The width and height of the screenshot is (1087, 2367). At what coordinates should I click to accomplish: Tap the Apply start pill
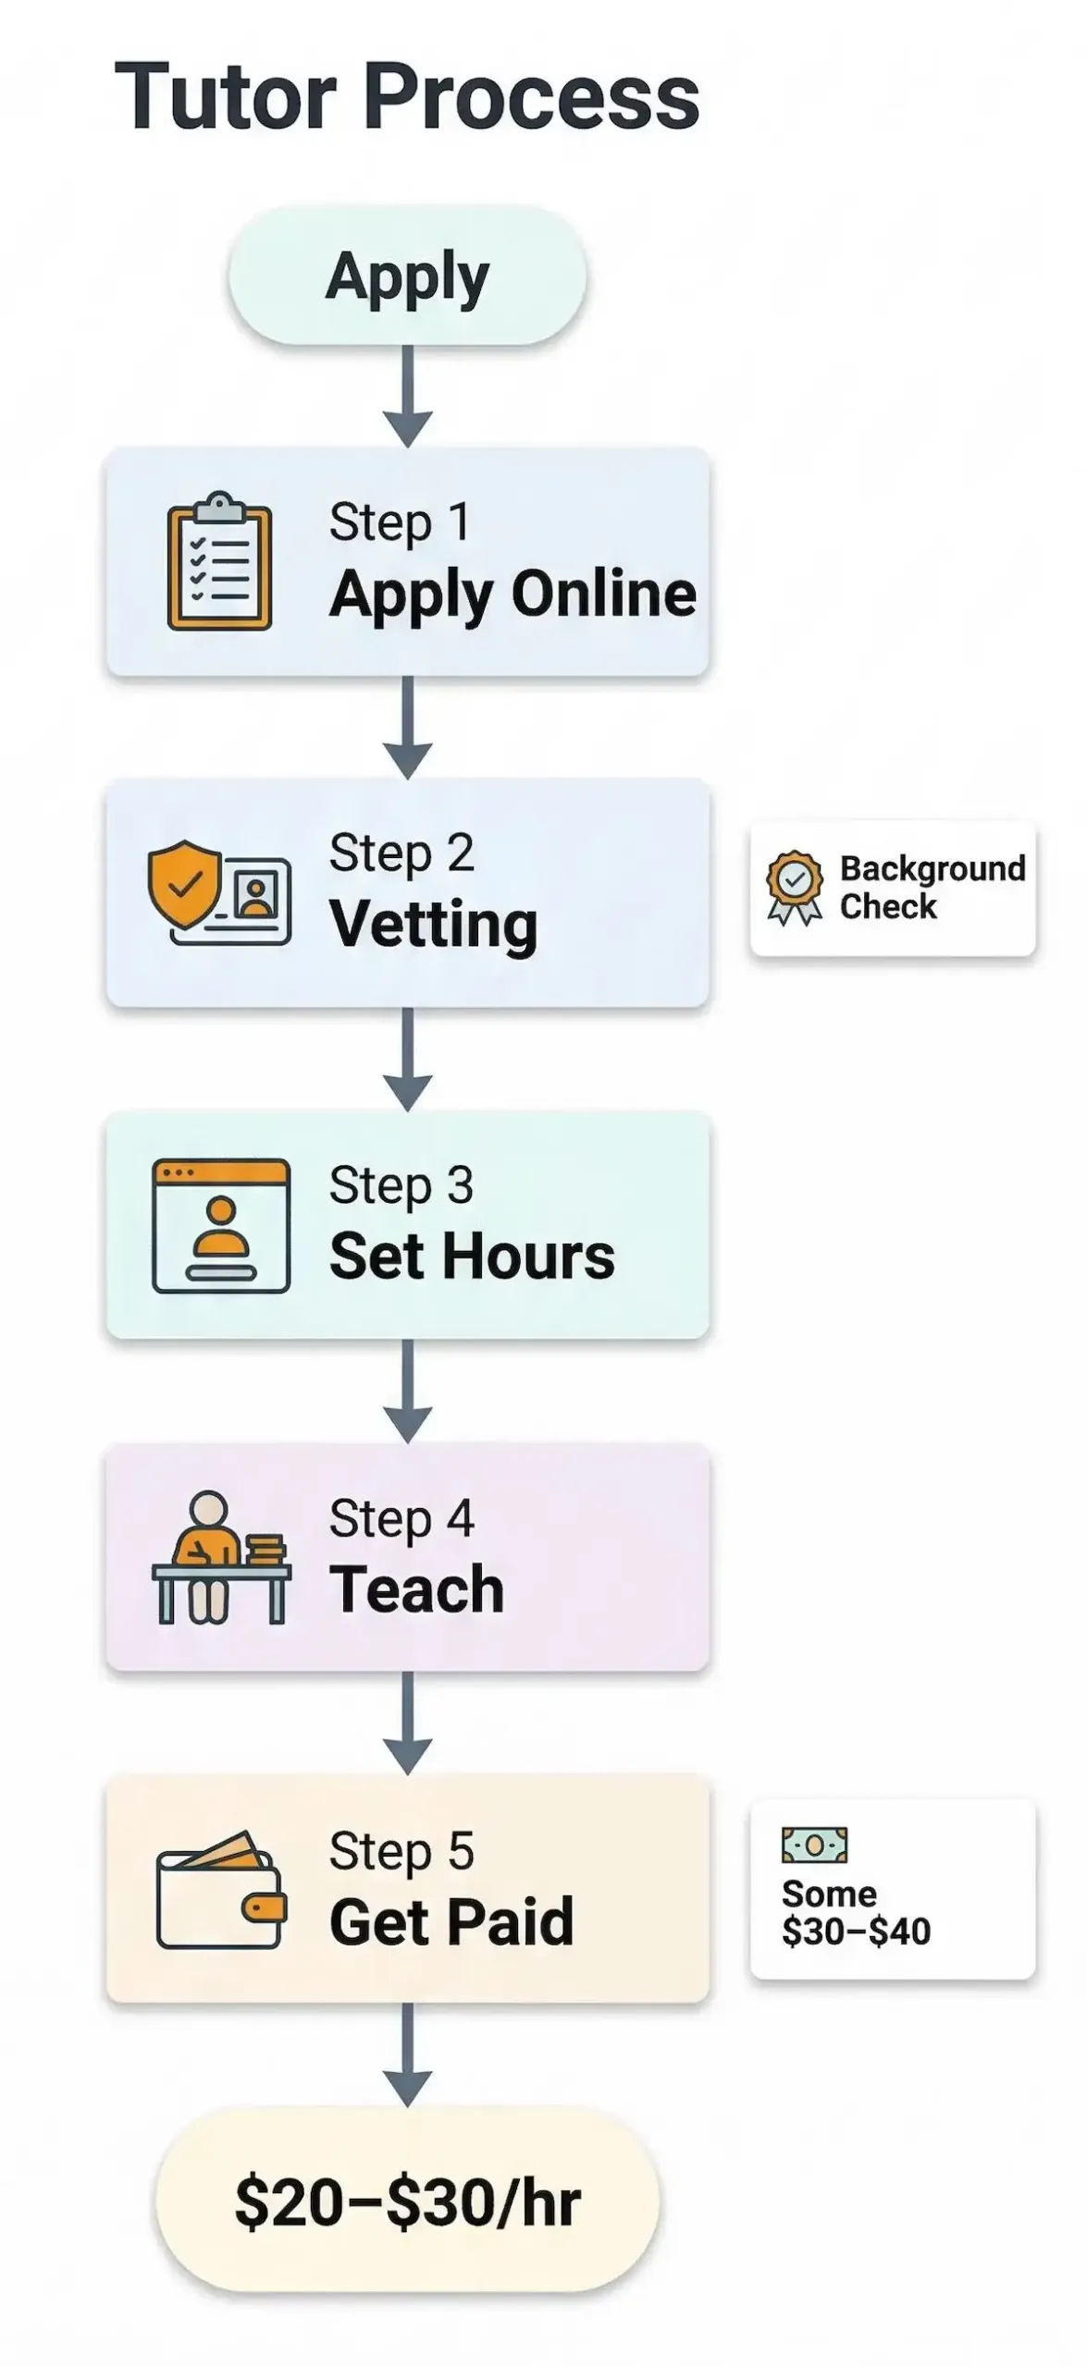(x=407, y=276)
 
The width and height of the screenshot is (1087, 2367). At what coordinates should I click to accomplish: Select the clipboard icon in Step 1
(x=219, y=560)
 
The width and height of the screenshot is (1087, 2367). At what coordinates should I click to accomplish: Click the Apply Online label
(x=513, y=594)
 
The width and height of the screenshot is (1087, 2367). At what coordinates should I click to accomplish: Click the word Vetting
(x=433, y=925)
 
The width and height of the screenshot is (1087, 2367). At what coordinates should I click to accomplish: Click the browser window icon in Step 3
(x=221, y=1225)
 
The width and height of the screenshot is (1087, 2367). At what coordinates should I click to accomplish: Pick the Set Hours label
(x=472, y=1257)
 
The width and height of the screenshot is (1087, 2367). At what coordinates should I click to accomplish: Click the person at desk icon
(x=221, y=1557)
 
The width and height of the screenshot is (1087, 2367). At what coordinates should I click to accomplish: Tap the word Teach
(x=416, y=1589)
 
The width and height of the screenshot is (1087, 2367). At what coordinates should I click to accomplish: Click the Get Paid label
(x=451, y=1922)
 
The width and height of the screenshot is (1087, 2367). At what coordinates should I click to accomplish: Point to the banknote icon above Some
(x=814, y=1846)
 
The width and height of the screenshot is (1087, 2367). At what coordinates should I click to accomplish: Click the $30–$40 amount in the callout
(x=856, y=1932)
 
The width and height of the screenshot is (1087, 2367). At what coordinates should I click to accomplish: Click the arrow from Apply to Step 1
(x=408, y=395)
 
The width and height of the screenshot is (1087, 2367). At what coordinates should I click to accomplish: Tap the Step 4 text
(x=401, y=1518)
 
